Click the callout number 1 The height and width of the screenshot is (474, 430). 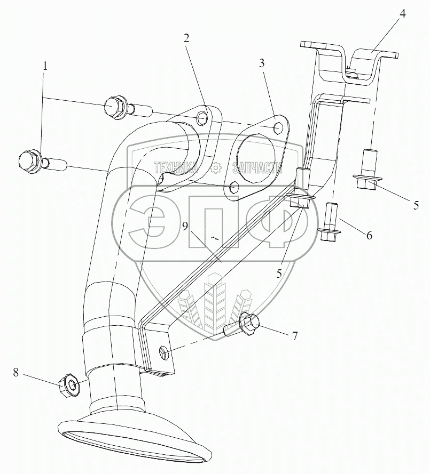pos(45,67)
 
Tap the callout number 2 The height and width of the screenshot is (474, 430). pos(186,38)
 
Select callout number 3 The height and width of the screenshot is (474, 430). pos(262,63)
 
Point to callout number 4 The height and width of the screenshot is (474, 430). pos(403,14)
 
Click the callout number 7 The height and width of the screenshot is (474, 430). pos(293,336)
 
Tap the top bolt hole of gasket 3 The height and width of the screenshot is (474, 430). pos(277,128)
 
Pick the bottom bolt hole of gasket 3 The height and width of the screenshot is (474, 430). pos(232,187)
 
